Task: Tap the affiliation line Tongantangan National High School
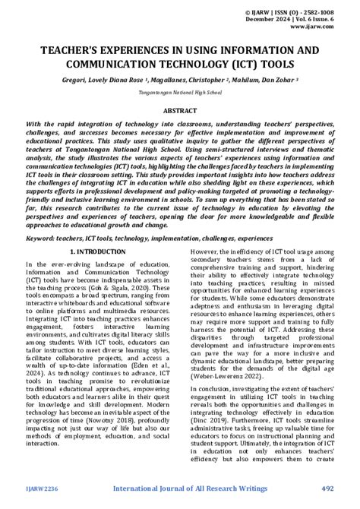[179, 91]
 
